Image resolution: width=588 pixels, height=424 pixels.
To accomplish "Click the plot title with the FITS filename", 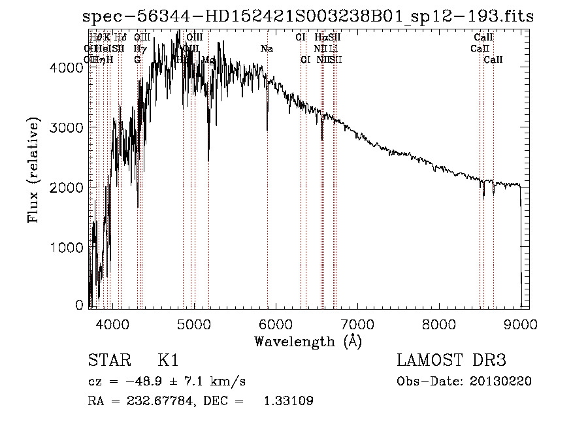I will click(x=308, y=16).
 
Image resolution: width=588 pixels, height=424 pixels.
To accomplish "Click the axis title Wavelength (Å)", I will click(x=308, y=341).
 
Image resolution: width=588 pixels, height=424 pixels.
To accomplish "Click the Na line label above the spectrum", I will click(x=267, y=49).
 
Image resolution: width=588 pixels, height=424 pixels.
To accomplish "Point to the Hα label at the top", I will click(x=320, y=38).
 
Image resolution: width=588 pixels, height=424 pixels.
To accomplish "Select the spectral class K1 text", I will click(x=168, y=361).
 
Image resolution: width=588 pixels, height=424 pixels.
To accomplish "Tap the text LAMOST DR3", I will click(x=451, y=361).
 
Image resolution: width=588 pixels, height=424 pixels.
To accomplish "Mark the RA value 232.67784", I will click(x=156, y=401).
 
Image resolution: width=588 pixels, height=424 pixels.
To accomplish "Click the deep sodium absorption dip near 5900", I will click(x=267, y=124).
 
